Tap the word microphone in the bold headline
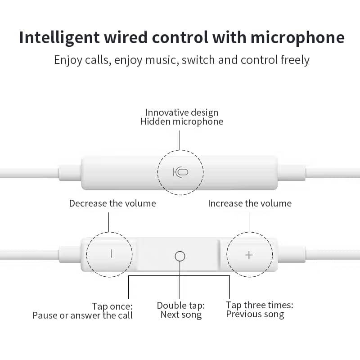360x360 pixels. pos(297,37)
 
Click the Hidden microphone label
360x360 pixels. pos(181,121)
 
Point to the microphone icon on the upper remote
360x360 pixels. pos(180,172)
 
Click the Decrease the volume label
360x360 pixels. pos(112,203)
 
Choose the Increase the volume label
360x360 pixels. pos(250,203)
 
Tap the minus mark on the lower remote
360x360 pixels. pos(112,254)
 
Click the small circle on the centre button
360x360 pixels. pos(180,256)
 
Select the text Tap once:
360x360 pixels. pos(112,306)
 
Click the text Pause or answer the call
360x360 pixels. pos(82,315)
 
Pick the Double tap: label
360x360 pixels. pos(181,306)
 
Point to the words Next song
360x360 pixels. pos(181,315)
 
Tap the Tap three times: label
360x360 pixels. pos(260,305)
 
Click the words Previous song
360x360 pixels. pos(255,314)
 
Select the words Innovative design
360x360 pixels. pos(181,112)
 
